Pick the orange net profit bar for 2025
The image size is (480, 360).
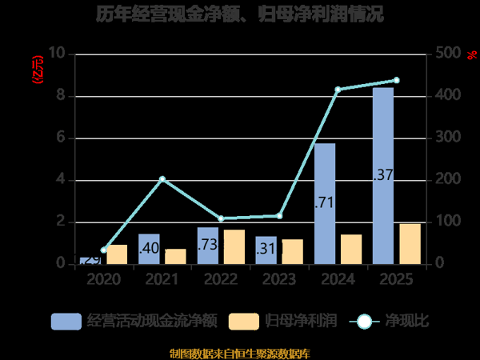pos(410,243)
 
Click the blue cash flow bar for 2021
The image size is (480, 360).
pos(149,248)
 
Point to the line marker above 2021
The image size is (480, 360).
pos(162,179)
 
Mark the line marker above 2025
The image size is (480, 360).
pos(396,80)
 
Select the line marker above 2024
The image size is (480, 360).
pos(338,90)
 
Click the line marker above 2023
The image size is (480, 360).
pos(279,215)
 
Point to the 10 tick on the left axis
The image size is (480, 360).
pos(57,54)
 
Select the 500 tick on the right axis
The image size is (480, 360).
pos(448,54)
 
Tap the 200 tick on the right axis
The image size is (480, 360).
pos(448,180)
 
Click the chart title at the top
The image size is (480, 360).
pos(240,14)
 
